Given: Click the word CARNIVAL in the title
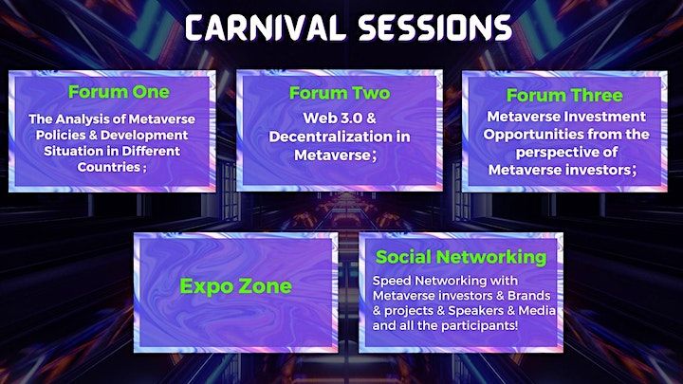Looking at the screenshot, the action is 263,27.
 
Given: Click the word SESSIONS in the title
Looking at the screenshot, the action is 435,27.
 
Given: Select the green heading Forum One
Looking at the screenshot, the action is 119,92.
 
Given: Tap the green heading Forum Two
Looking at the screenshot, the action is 340,93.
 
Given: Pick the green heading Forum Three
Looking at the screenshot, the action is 564,96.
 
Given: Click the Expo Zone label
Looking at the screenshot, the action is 235,286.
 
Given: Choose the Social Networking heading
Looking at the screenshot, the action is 461,257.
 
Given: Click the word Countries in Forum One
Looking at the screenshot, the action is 109,167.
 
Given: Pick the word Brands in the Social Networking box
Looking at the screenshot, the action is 528,296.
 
